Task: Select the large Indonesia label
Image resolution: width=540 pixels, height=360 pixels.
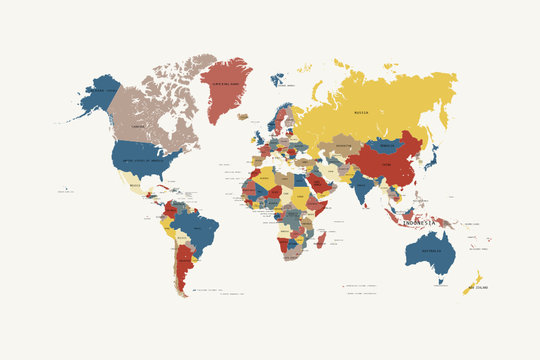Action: coord(419,222)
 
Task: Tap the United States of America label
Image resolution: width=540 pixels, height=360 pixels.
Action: coord(141,160)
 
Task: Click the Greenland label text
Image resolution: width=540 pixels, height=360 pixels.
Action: coord(225,84)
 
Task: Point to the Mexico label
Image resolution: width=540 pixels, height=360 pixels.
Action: coord(136,186)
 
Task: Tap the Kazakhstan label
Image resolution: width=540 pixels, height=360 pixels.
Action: coord(343,146)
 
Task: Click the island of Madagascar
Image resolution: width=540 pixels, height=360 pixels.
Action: coord(320,240)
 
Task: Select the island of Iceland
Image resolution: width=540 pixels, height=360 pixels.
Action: coord(243,116)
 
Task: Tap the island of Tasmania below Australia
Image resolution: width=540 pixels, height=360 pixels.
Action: coord(440,282)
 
